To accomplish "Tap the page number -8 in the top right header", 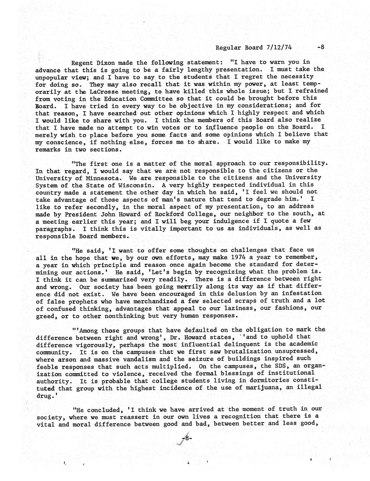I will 321,47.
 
